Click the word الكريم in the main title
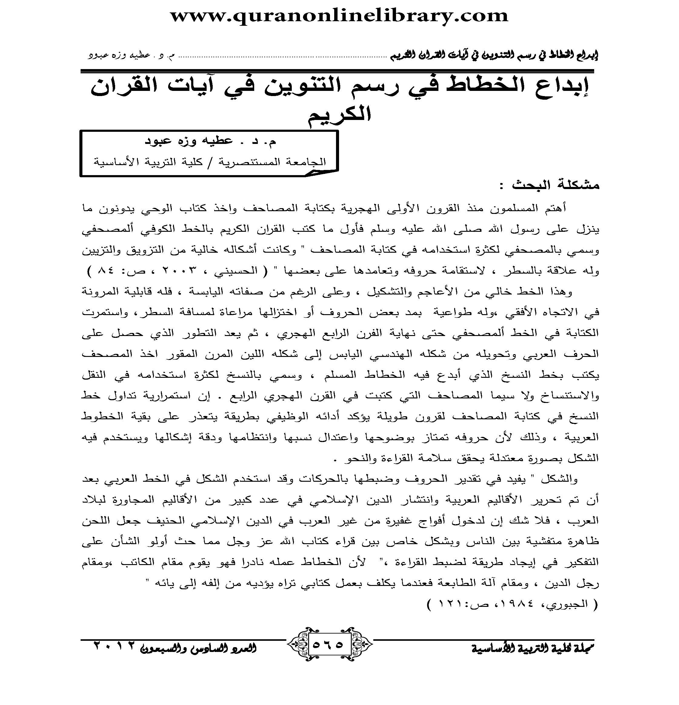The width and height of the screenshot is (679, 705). pyautogui.click(x=339, y=114)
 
